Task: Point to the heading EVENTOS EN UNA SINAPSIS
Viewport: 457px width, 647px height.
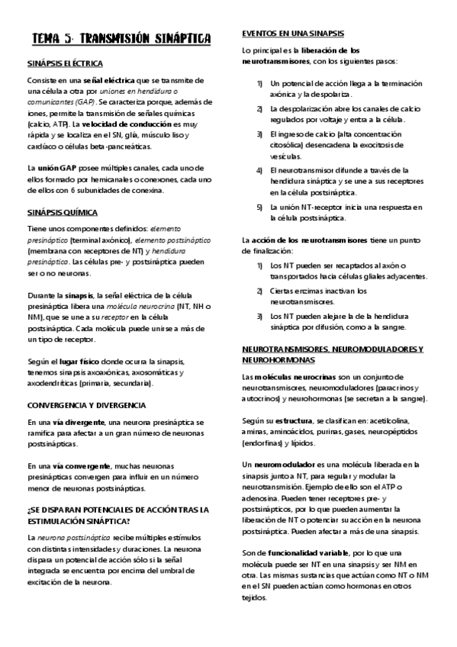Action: [x=292, y=34]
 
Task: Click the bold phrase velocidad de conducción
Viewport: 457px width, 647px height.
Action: [x=125, y=123]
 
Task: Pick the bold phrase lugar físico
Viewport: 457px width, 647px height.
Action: [x=77, y=361]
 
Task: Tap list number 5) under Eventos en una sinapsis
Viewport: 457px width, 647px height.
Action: [x=260, y=208]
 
